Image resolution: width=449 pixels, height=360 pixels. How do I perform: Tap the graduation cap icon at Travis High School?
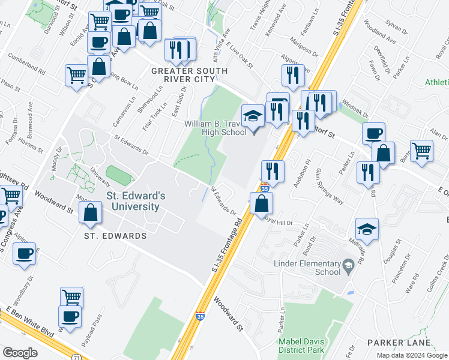coord(253,116)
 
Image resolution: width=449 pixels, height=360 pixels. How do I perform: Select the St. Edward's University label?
coord(133,201)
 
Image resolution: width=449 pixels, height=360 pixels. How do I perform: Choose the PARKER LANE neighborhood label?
coord(400,343)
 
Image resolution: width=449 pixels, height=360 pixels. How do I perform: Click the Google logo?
coord(20,353)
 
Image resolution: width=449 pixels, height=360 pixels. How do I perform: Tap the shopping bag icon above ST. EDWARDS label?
coord(90,213)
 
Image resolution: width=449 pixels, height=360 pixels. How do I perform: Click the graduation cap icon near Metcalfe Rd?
coord(367,230)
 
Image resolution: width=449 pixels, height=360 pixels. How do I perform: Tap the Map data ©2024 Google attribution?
coord(412,355)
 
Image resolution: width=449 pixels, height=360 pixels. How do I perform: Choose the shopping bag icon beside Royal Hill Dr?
coord(261,203)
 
